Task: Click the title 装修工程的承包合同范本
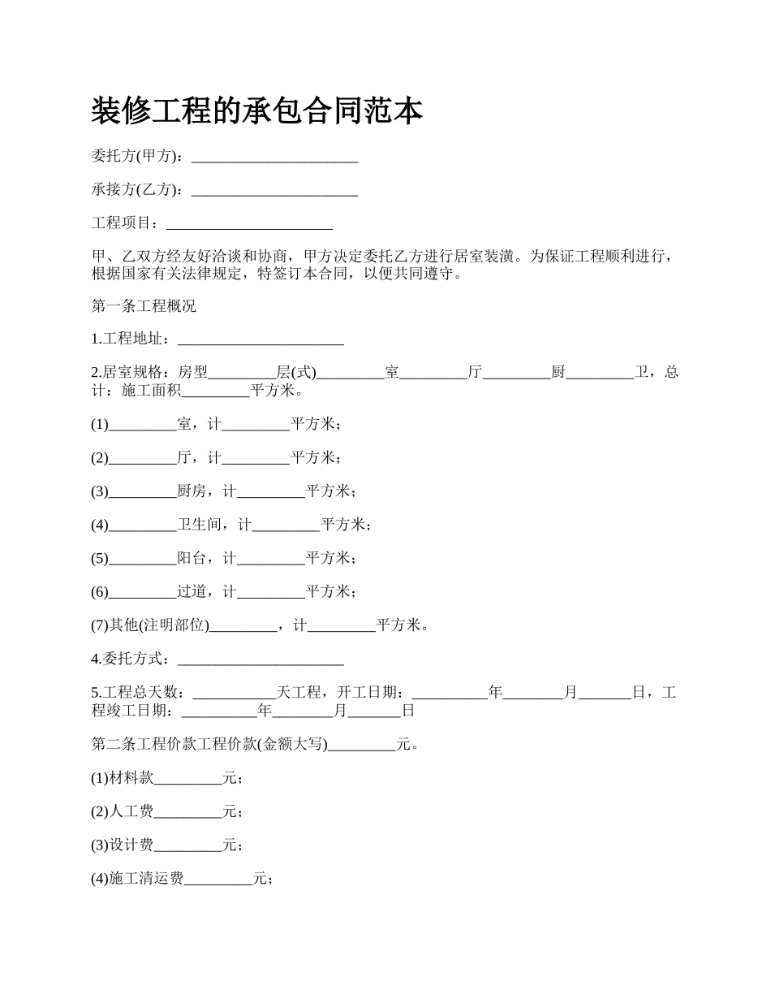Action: pos(256,111)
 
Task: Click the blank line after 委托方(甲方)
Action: pos(274,157)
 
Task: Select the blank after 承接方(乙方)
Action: pos(274,190)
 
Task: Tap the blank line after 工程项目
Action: pos(249,223)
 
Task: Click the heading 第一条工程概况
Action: pos(144,307)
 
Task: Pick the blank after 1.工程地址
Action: pos(261,339)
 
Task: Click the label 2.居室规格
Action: pos(131,373)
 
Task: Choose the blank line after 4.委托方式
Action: pos(261,659)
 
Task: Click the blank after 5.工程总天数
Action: pos(235,693)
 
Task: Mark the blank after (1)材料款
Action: pos(188,778)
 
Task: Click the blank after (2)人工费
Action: pos(188,811)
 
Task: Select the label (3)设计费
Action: pos(123,845)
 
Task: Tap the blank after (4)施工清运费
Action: pos(218,879)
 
